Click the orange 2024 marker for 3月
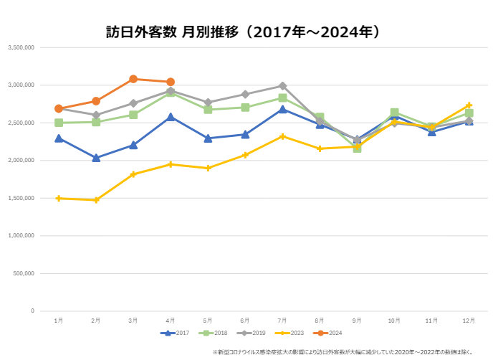[x=133, y=79]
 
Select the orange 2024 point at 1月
[x=59, y=109]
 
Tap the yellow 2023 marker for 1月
[x=59, y=198]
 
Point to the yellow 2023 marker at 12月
[x=469, y=105]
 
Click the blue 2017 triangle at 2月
[x=96, y=158]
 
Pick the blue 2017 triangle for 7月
[x=282, y=110]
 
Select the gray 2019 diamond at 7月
[x=282, y=86]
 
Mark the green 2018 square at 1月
[x=59, y=123]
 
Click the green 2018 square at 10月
[x=394, y=113]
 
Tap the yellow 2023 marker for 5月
[x=208, y=168]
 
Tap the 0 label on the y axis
[x=33, y=311]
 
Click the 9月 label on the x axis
[x=357, y=319]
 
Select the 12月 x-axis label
[x=469, y=319]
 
